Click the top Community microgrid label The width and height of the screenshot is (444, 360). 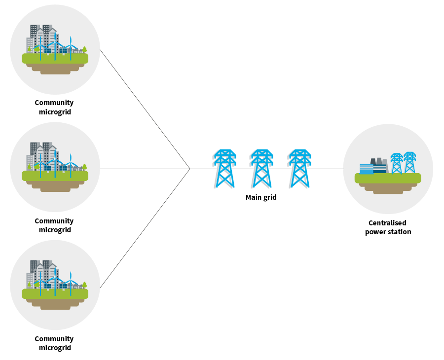click(54, 107)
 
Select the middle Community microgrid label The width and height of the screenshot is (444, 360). click(54, 225)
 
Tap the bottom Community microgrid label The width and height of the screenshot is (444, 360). click(54, 343)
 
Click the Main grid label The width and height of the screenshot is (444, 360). click(261, 197)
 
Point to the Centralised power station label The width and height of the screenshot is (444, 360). click(388, 227)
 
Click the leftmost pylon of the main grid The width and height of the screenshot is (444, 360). click(224, 169)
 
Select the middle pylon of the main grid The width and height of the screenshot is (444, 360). click(261, 169)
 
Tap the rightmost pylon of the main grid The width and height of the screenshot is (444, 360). click(299, 169)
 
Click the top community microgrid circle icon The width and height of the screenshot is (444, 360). click(55, 49)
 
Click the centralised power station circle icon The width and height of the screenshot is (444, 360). click(388, 169)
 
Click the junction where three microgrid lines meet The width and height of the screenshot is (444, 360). click(190, 169)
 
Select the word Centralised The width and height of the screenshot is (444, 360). click(387, 223)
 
